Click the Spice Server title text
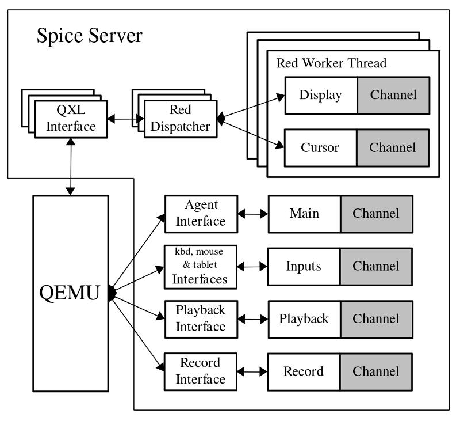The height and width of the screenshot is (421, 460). tap(89, 36)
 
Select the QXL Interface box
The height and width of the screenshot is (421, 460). tap(71, 118)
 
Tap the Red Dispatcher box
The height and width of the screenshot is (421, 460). tap(181, 118)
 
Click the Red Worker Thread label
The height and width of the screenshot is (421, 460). tap(331, 63)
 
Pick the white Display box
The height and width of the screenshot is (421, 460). tap(321, 95)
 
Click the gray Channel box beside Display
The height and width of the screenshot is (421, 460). tap(393, 95)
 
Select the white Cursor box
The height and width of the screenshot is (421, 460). tap(321, 147)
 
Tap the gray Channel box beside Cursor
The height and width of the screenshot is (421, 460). tap(393, 147)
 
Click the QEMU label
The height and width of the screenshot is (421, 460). tap(69, 293)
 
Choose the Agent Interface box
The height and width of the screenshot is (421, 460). tap(201, 214)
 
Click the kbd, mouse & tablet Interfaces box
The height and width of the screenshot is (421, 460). tap(201, 266)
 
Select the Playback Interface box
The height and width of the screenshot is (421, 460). tap(201, 318)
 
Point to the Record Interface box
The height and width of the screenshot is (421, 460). tap(201, 371)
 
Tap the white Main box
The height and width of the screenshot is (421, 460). tap(304, 214)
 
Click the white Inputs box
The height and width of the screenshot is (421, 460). tap(304, 266)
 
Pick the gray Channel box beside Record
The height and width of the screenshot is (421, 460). tap(376, 371)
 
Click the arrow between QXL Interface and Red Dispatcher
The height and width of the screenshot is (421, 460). tap(125, 119)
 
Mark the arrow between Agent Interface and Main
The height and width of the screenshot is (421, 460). tap(252, 214)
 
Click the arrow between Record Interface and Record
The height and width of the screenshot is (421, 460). tap(252, 371)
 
